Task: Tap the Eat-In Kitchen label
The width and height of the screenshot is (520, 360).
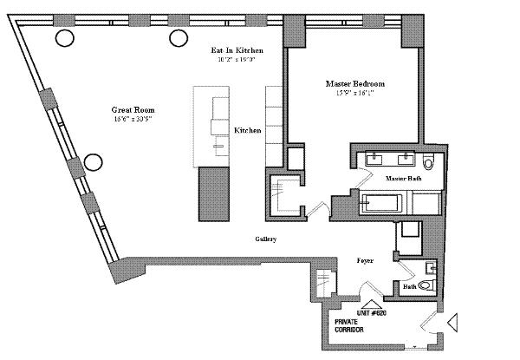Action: coord(237,52)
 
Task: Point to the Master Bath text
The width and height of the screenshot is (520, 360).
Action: coord(403,178)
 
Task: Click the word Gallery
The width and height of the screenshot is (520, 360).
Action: coord(265,239)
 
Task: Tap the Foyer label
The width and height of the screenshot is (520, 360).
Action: coord(365,259)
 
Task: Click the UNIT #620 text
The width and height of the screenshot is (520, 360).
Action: coord(370,312)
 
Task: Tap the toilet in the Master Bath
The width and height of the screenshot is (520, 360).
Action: coord(429,161)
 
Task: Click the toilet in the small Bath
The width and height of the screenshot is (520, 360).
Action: coord(426,285)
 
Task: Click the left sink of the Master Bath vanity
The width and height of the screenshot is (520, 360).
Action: coord(374,160)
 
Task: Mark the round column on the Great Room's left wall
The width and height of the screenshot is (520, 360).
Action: coord(93,161)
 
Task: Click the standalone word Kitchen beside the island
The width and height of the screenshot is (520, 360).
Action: coord(248,130)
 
